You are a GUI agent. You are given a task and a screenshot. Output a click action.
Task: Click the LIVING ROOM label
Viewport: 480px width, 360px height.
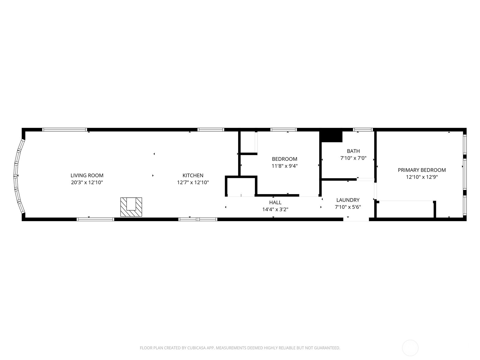click(87, 175)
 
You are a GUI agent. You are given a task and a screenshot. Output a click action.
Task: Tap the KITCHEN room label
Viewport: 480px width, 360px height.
click(193, 175)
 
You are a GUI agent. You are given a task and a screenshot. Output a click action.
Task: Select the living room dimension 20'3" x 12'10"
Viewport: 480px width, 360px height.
click(87, 182)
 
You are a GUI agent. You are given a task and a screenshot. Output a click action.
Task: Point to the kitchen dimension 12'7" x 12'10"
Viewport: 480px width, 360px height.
click(193, 182)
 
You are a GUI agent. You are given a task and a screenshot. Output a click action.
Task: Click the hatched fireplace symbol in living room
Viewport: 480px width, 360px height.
click(131, 207)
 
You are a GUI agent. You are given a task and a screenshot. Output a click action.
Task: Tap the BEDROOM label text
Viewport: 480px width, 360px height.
click(284, 159)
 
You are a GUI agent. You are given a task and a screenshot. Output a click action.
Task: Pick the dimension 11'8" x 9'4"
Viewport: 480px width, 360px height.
click(284, 166)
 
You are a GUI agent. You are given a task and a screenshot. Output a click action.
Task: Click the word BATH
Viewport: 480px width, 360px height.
click(353, 151)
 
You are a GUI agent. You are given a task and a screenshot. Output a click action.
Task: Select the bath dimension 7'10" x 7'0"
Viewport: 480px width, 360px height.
click(353, 158)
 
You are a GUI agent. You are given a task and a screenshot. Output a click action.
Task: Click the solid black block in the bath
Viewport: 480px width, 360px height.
click(331, 136)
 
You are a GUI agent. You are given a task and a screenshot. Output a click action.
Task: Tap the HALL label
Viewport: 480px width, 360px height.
click(275, 202)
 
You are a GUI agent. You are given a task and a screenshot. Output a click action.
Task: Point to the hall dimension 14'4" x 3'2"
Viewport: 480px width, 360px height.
click(275, 209)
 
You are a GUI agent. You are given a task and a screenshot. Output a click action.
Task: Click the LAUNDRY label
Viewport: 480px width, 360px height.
click(348, 200)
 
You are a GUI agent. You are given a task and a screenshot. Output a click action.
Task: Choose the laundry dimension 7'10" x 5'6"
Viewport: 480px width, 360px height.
click(348, 207)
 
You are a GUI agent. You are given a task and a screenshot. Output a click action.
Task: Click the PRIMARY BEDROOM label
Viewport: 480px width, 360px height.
click(421, 170)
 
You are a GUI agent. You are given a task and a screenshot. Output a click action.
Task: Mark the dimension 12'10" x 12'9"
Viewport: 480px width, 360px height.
click(421, 177)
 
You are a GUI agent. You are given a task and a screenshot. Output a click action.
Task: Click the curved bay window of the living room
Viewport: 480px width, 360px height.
click(16, 175)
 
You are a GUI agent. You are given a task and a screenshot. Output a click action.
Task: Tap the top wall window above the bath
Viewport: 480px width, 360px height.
click(363, 130)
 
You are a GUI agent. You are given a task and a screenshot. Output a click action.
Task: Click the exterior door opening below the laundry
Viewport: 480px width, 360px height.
click(356, 219)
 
